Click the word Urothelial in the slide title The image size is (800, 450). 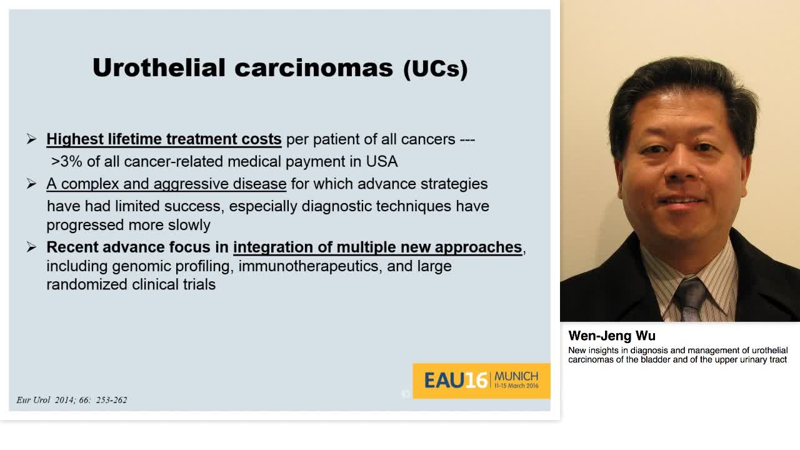159,67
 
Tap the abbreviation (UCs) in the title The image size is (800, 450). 435,69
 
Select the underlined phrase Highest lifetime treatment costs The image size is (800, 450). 164,139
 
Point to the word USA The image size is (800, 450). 382,161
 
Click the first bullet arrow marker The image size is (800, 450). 32,139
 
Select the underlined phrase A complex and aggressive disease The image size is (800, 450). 166,184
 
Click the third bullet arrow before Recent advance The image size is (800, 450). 32,247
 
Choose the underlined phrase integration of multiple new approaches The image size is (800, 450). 377,247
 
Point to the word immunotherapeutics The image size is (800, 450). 309,266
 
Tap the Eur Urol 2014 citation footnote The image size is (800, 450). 72,400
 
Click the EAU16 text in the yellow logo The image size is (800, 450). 456,381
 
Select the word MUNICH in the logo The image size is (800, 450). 516,376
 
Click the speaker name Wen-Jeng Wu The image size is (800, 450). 612,336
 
